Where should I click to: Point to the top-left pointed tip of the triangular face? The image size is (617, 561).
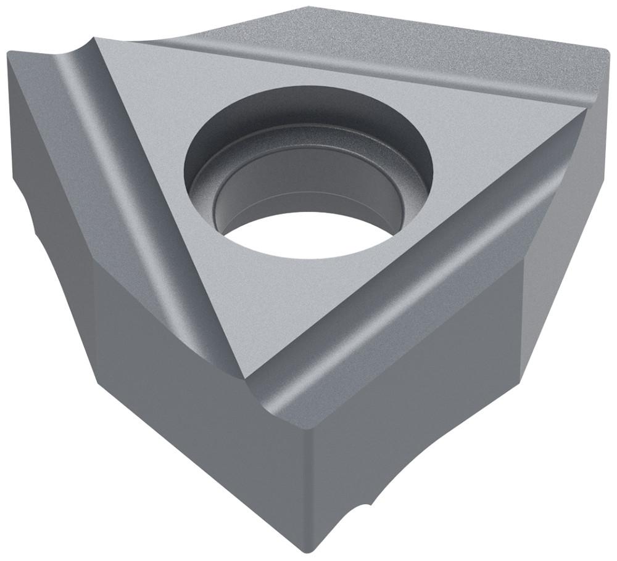[99, 39]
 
